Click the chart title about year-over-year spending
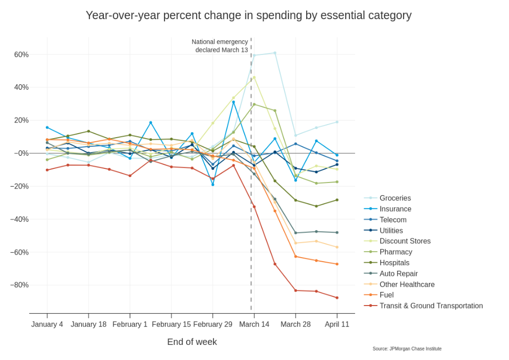(x=248, y=16)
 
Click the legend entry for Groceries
(x=394, y=198)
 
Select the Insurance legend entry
(x=395, y=209)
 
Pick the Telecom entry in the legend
(x=392, y=220)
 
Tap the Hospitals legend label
(x=394, y=263)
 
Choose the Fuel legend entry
(x=386, y=295)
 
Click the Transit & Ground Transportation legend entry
(x=430, y=306)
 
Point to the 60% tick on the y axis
(x=21, y=54)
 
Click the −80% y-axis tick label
(x=19, y=285)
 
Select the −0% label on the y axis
(x=21, y=153)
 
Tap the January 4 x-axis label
(x=47, y=324)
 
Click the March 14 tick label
(x=254, y=324)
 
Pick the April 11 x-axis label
(x=337, y=324)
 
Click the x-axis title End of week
(x=192, y=342)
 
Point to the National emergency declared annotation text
(x=220, y=46)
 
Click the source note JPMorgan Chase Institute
(x=407, y=349)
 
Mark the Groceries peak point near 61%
(x=275, y=53)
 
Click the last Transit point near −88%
(x=337, y=298)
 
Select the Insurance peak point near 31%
(x=234, y=102)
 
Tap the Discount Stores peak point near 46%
(x=254, y=77)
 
